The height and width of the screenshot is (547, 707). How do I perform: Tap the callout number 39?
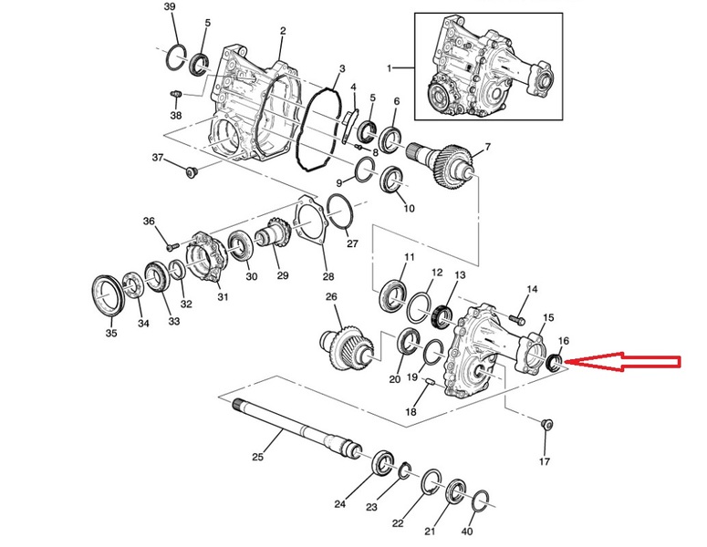(170, 7)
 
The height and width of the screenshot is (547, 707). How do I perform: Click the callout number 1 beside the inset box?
(390, 68)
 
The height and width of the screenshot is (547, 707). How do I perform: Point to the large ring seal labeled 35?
(110, 295)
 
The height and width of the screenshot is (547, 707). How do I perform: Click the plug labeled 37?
(190, 172)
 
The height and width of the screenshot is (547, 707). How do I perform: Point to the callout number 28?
(328, 276)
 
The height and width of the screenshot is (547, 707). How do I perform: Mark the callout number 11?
(409, 257)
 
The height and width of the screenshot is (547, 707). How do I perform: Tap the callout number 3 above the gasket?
(341, 68)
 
